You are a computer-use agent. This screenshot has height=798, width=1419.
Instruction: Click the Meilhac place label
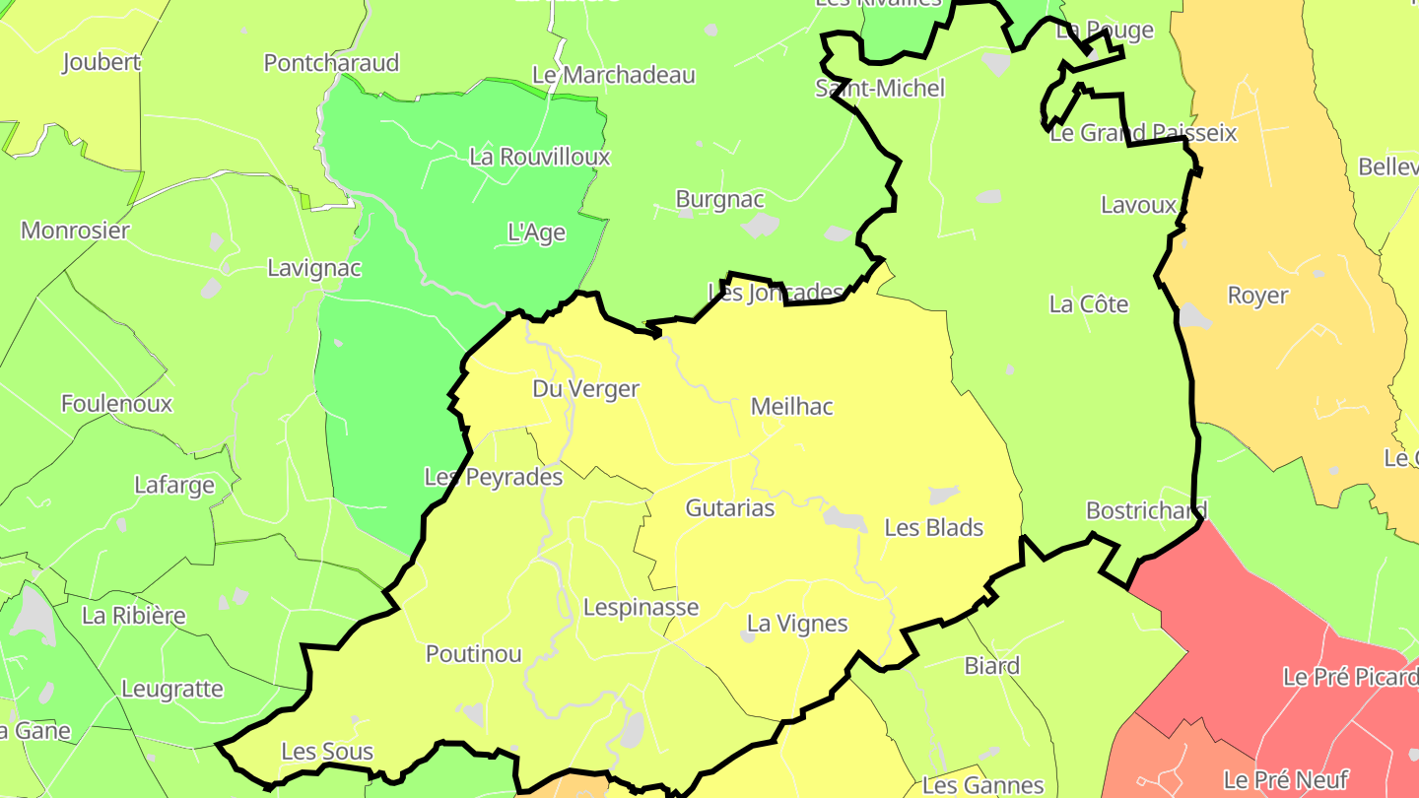tap(791, 406)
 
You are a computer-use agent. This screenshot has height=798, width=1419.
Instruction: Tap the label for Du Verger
tap(585, 389)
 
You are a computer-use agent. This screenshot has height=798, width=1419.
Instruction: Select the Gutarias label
tap(729, 508)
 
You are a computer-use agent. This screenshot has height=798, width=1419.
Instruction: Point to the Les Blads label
tap(933, 527)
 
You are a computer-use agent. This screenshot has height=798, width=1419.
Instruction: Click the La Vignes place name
tap(796, 624)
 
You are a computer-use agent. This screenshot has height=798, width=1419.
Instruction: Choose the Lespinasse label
tap(641, 607)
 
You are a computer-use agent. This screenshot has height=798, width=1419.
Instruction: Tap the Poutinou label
tap(473, 654)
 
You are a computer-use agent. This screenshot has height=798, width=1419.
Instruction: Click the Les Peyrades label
tap(493, 477)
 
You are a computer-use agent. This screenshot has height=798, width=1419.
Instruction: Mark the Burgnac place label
tap(719, 199)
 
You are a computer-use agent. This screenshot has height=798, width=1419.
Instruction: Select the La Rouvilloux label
tap(539, 157)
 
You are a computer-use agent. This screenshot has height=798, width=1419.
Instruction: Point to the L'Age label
tap(536, 233)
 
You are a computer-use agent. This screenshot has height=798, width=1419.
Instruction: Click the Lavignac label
tap(314, 268)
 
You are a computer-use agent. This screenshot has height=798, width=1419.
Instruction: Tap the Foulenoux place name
tap(116, 404)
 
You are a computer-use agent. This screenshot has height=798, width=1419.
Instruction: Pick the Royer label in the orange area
tap(1256, 296)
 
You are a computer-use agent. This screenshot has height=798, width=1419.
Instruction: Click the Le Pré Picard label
tap(1350, 677)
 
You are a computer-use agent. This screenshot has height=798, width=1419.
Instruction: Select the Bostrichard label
tap(1145, 510)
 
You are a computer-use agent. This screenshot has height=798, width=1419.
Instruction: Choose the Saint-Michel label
tap(879, 89)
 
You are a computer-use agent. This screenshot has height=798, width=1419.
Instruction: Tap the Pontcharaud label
tap(331, 63)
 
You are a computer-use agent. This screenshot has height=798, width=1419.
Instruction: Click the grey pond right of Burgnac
tap(761, 226)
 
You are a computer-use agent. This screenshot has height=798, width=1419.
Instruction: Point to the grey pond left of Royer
tap(1194, 316)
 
